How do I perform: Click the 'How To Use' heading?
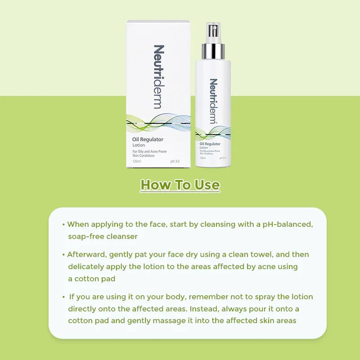(180, 185)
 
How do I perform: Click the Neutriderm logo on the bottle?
(213, 101)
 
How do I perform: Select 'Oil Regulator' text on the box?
(148, 139)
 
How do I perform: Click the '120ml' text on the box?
(137, 161)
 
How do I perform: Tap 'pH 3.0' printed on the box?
(175, 161)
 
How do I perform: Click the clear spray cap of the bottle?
(213, 31)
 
